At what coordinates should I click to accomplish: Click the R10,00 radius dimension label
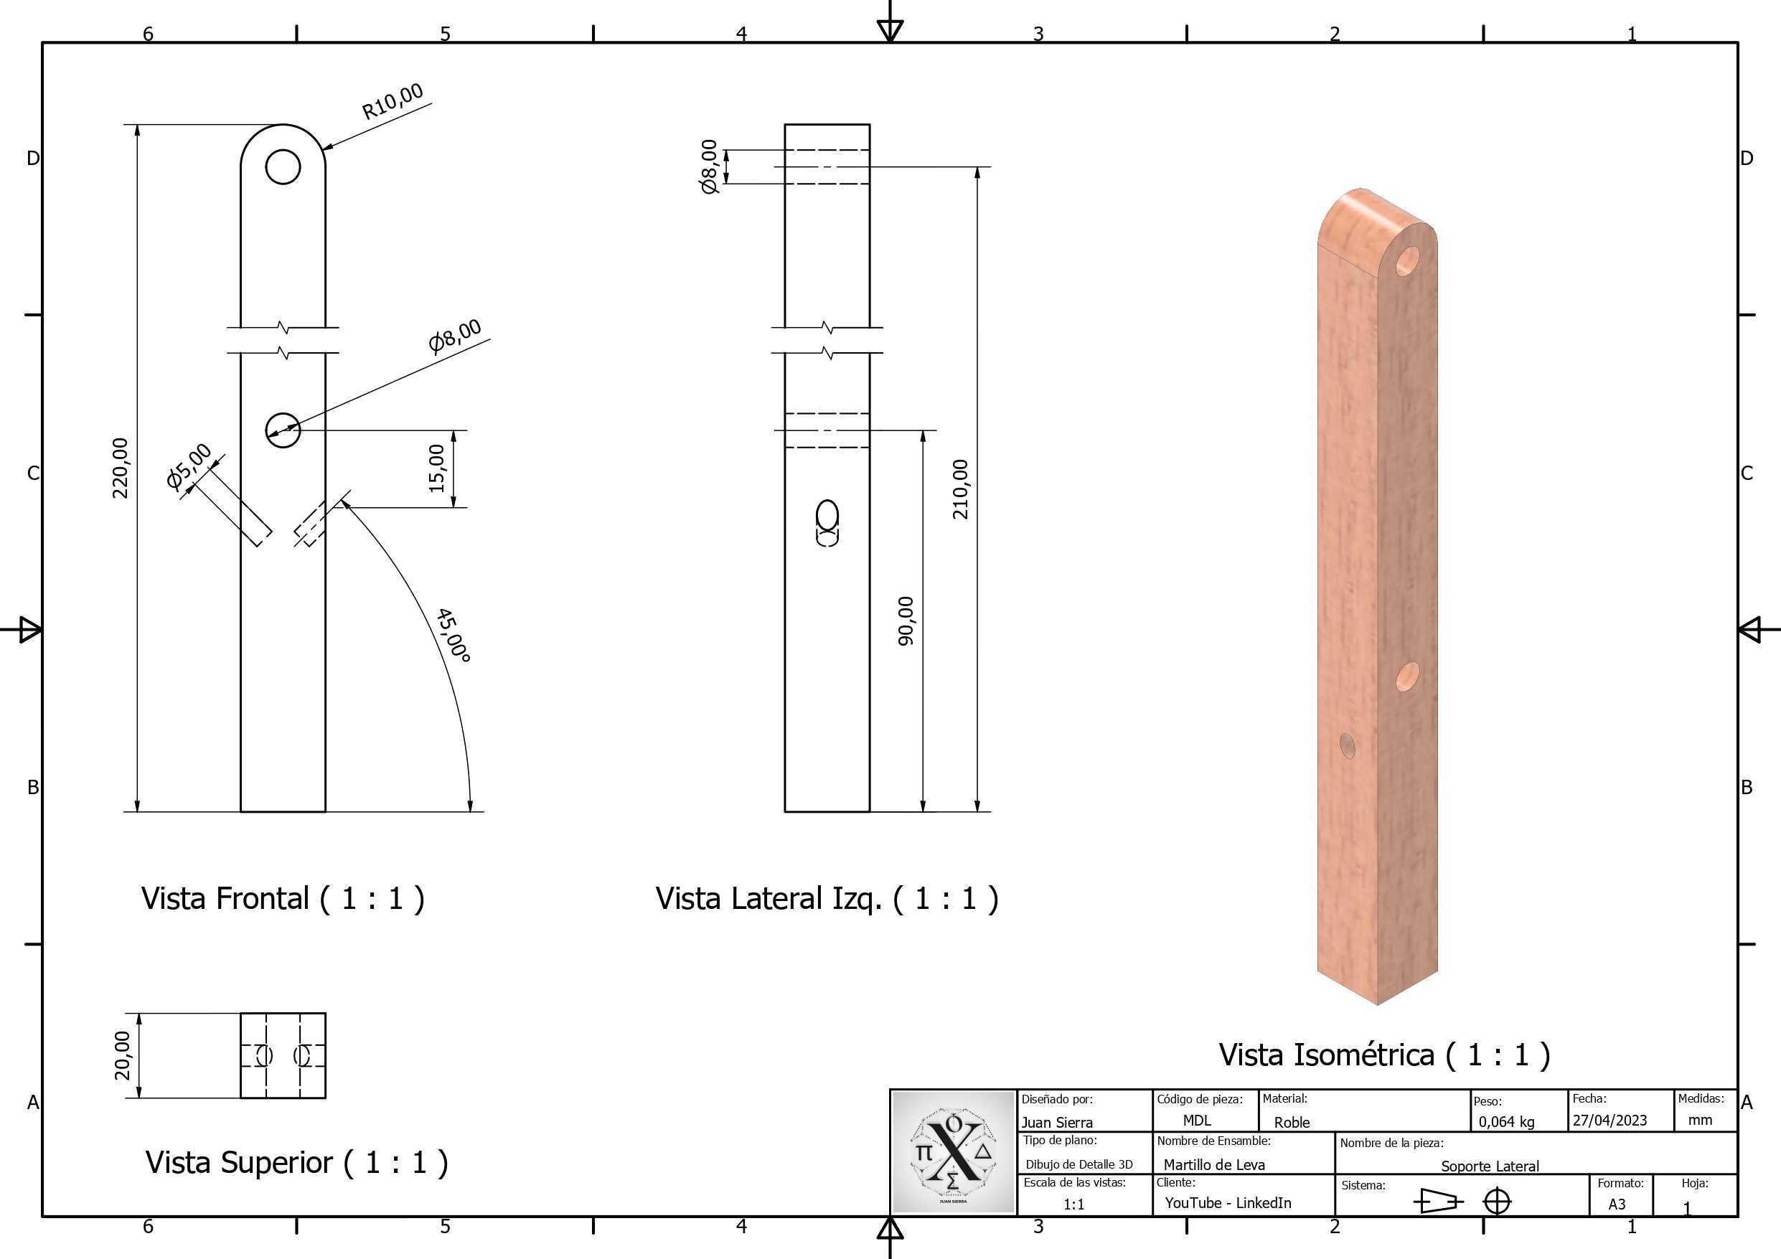coord(393,102)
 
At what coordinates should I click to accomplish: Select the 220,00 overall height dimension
coord(121,468)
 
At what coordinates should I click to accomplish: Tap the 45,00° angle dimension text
coord(454,636)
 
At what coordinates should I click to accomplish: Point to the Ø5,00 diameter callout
coord(189,466)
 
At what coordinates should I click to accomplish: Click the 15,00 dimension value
coord(437,468)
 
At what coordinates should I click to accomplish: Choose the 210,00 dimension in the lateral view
coord(960,489)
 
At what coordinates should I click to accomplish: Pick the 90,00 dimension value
coord(906,621)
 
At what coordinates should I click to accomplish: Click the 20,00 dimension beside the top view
coord(122,1055)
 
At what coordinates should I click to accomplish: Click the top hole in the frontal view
coord(283,166)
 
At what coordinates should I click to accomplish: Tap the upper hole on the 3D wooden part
coord(1407,261)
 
